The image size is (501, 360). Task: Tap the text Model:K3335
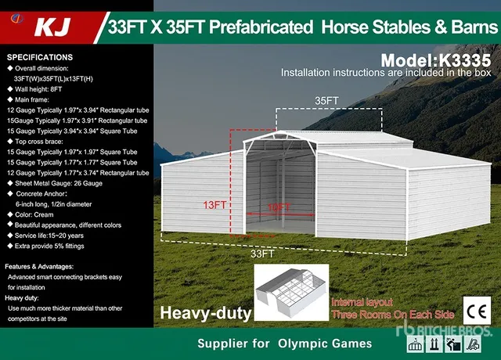(x=436, y=60)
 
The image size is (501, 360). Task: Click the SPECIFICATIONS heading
(x=39, y=57)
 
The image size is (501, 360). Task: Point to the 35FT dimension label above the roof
(x=326, y=101)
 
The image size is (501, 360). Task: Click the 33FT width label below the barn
(x=262, y=254)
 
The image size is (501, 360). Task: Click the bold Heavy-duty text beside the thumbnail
(x=205, y=314)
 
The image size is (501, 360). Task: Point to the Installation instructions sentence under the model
(x=385, y=73)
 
